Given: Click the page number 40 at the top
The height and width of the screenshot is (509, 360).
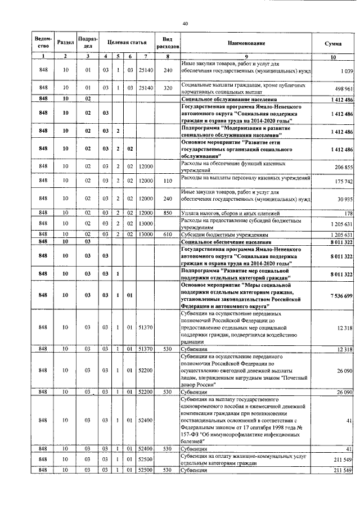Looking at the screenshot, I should pyautogui.click(x=185, y=23).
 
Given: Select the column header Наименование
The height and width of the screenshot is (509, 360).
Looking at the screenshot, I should pyautogui.click(x=246, y=43).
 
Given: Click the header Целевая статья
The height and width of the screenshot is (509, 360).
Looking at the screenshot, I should pyautogui.click(x=127, y=43).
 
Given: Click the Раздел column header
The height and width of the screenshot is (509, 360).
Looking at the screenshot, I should pyautogui.click(x=66, y=43).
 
